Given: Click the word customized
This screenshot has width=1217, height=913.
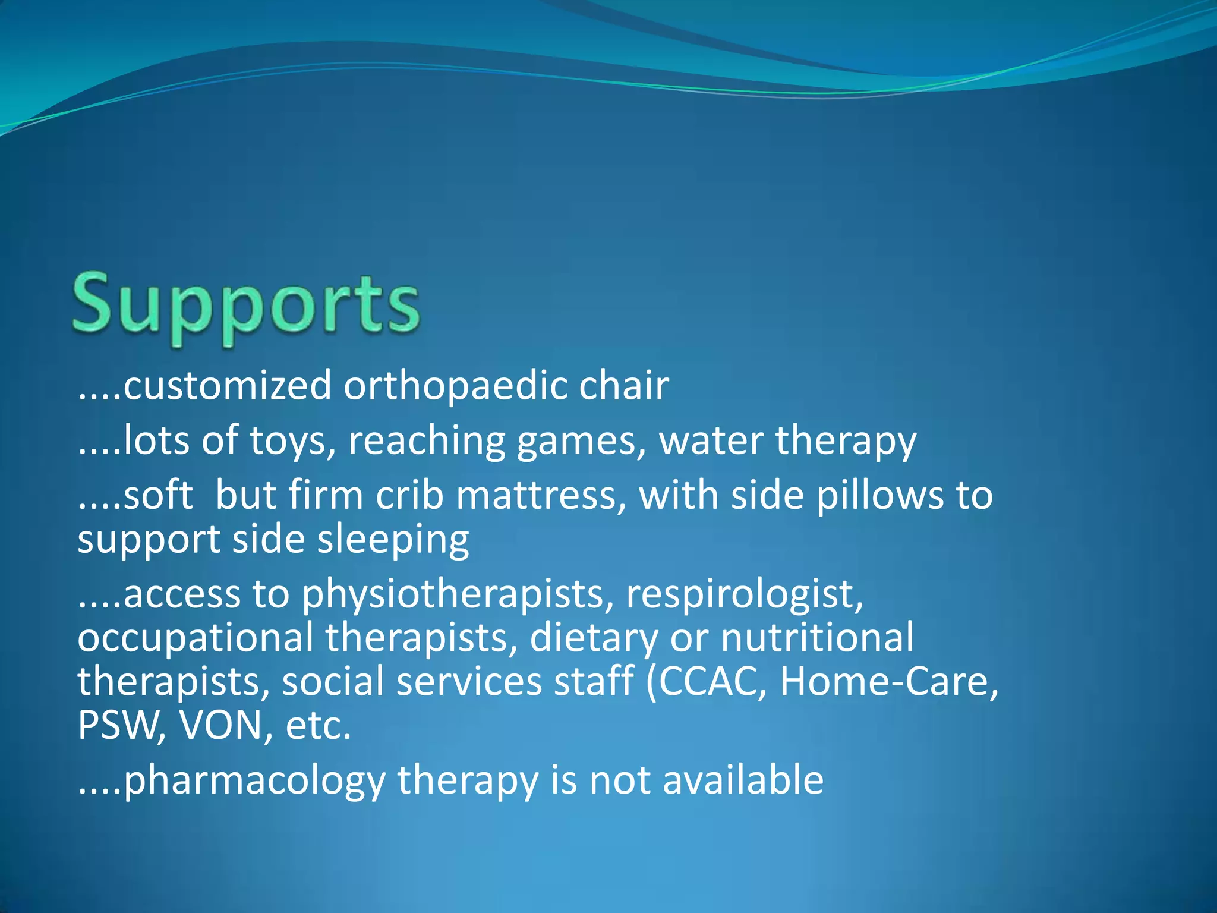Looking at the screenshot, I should pos(227,386).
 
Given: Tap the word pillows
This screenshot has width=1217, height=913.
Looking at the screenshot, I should pos(879,496).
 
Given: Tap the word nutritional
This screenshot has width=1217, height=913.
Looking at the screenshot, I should pos(817,638).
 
